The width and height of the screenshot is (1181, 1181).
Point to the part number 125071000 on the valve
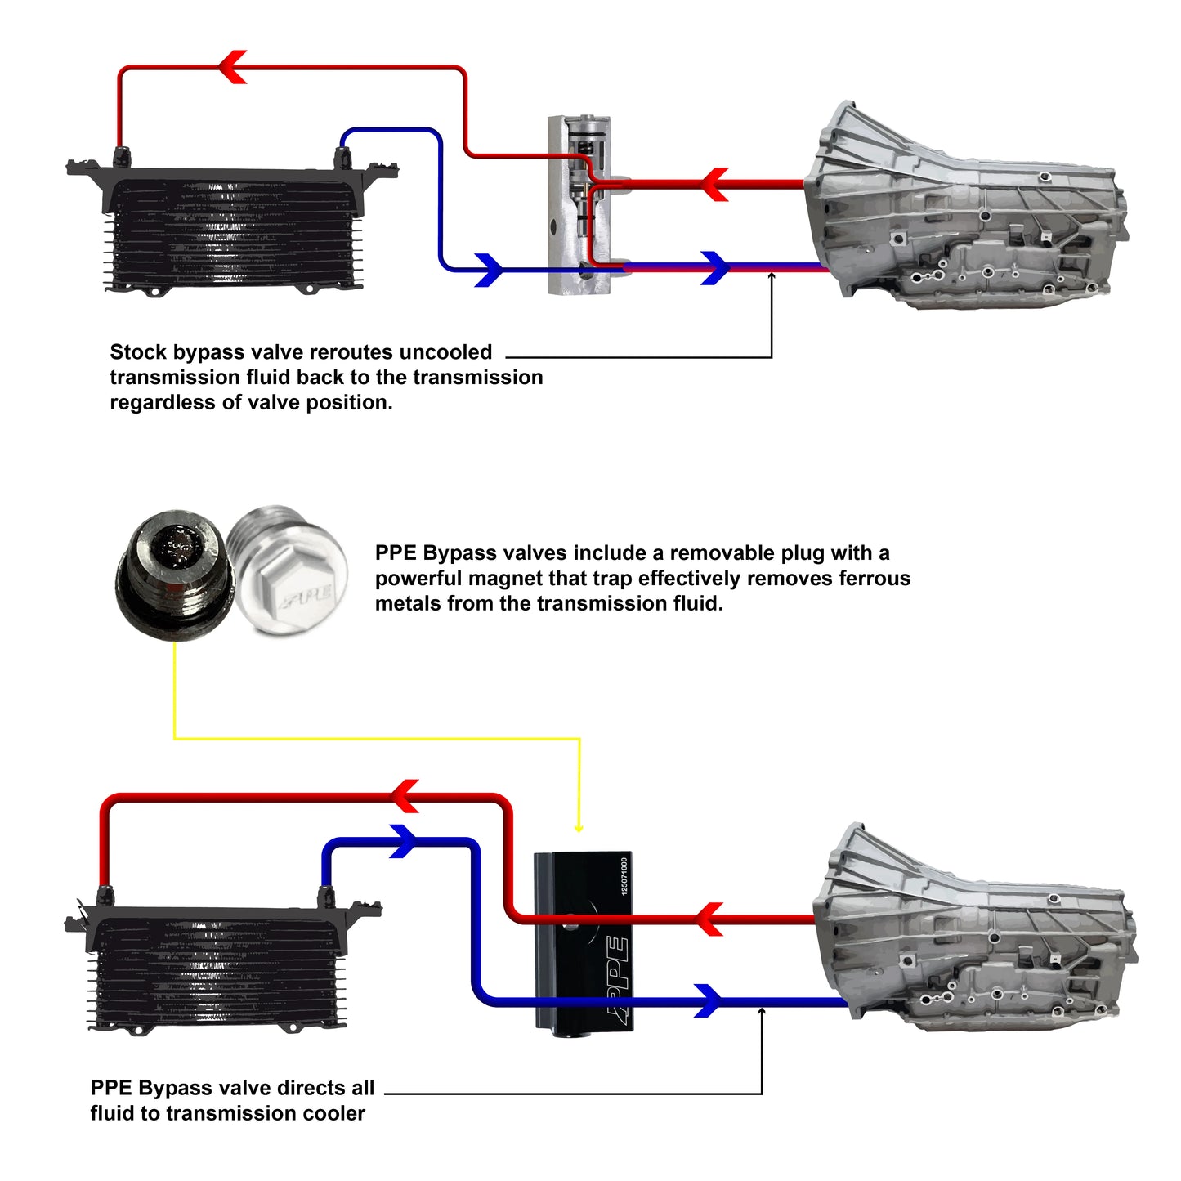pos(624,875)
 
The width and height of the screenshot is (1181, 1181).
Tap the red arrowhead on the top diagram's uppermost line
pos(233,67)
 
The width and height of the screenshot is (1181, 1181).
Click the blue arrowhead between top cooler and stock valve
pos(488,270)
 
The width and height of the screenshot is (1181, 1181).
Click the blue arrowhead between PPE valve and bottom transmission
pos(708,1000)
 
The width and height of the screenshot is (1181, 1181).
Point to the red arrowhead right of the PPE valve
pos(709,919)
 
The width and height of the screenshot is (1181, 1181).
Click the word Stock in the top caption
pos(137,352)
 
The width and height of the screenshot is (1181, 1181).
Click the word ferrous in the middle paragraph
pos(875,579)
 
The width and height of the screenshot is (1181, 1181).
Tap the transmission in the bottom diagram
pos(977,932)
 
